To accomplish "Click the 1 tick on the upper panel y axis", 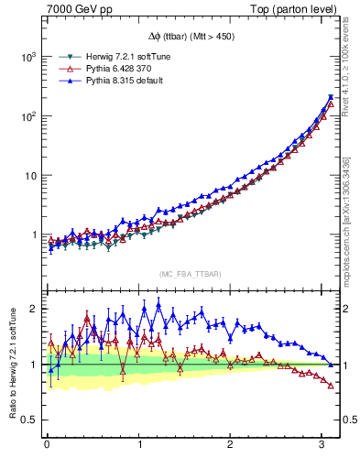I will [34, 235].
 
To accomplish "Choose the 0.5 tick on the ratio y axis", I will [29, 420].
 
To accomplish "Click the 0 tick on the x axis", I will [47, 446].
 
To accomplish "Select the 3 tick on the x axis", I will [322, 446].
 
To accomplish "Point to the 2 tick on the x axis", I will [230, 446].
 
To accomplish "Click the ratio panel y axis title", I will [10, 365].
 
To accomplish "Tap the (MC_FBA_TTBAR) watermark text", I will [190, 275].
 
